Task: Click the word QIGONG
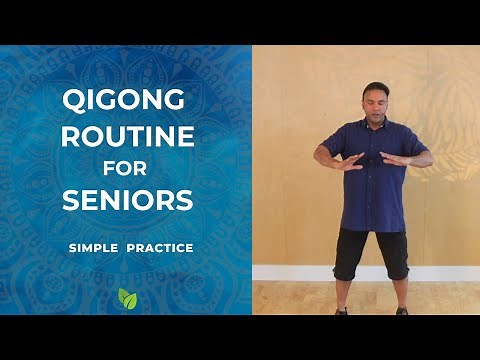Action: (x=127, y=100)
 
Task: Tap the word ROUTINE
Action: (x=127, y=135)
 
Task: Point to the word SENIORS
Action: (x=127, y=200)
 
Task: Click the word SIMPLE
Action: (x=94, y=246)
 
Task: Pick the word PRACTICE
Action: (x=159, y=246)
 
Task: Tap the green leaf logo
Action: (x=127, y=297)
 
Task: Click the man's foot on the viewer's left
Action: (x=343, y=310)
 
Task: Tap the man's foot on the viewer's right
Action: (x=402, y=310)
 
